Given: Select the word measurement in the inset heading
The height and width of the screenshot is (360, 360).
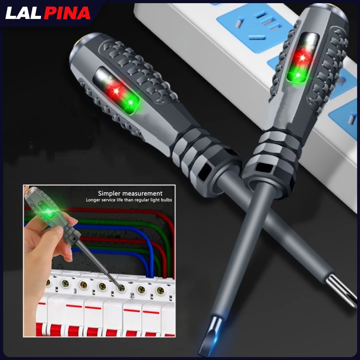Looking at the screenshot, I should point(144,193).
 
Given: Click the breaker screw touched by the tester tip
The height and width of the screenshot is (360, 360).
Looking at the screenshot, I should point(121,288).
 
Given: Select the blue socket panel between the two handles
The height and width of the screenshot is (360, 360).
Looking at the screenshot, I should point(243,32).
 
